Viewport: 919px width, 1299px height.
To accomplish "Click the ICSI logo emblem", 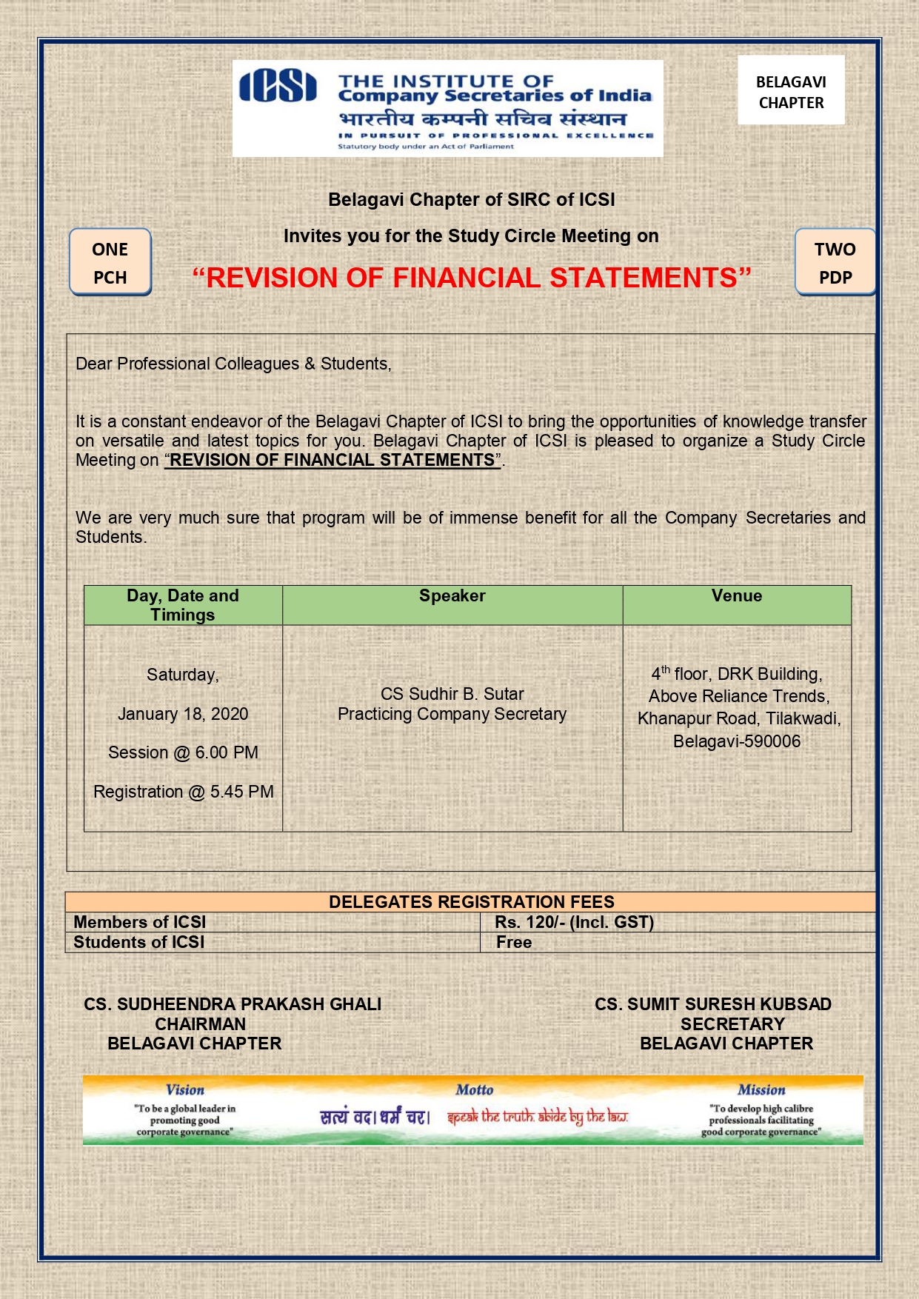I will (x=278, y=86).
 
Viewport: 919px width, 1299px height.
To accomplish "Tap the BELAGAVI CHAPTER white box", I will (x=791, y=92).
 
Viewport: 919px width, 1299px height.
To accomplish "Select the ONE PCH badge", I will (x=110, y=262).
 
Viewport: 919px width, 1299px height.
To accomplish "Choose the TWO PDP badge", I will (x=835, y=262).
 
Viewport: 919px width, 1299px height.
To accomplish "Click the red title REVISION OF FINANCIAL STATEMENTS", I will (x=472, y=278).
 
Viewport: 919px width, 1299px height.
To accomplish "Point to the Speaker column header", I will (x=452, y=596).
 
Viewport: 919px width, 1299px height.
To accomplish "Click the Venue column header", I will (x=736, y=596).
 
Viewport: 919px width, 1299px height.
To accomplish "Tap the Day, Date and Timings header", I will (x=182, y=605).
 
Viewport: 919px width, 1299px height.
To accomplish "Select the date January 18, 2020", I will (x=183, y=714).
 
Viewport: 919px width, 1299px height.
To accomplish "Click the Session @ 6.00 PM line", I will (x=183, y=752).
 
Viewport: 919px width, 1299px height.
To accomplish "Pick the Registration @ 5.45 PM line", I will (x=183, y=792).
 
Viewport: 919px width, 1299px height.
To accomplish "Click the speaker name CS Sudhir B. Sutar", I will (x=452, y=694).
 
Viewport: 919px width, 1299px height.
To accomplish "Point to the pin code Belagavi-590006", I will (x=736, y=741).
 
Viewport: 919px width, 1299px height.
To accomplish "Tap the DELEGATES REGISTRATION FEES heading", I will (x=471, y=902).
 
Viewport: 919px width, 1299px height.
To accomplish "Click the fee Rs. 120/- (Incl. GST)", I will (x=574, y=922).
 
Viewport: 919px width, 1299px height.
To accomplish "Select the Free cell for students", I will (x=514, y=942).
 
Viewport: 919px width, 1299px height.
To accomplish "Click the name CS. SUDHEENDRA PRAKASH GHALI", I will (x=233, y=1004).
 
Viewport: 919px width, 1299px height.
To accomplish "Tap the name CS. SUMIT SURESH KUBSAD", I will (x=712, y=1004).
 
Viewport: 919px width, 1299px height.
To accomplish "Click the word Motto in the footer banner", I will (x=474, y=1089).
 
